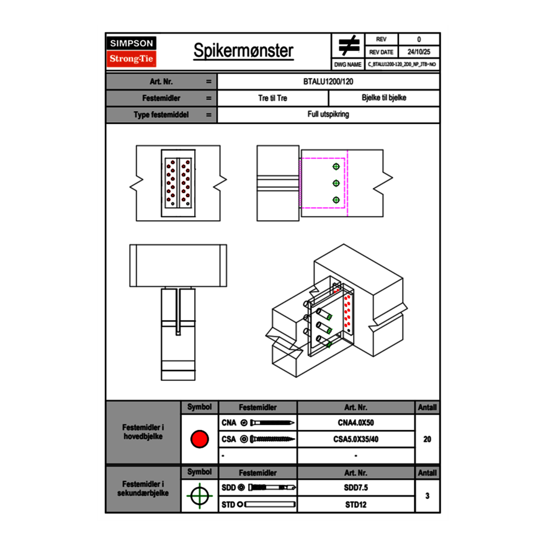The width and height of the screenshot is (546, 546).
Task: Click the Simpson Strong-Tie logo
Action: [132, 51]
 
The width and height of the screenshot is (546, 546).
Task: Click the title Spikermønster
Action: [243, 51]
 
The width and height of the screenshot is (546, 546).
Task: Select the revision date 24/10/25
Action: [418, 52]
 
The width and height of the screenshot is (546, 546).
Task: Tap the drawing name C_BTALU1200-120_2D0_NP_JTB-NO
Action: [401, 64]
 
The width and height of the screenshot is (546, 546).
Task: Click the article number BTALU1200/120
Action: [328, 81]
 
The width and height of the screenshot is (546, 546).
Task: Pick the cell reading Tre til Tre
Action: [272, 98]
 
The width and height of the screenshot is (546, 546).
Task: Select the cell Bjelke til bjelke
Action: [383, 98]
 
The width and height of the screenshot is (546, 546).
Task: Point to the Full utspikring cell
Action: [328, 115]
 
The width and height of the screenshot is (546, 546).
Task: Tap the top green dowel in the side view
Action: [336, 167]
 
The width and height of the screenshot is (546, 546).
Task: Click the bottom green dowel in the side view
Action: [336, 200]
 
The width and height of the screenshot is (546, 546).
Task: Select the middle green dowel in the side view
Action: [336, 183]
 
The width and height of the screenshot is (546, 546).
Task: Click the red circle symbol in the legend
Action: [199, 439]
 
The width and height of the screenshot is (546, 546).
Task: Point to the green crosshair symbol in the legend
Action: [199, 496]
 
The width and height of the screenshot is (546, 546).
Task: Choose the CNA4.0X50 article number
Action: [356, 423]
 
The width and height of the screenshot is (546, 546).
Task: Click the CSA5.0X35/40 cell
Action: [356, 439]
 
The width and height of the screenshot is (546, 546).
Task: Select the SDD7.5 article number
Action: [356, 488]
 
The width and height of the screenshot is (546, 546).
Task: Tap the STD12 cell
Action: [356, 504]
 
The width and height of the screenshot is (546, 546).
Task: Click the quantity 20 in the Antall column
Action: [427, 439]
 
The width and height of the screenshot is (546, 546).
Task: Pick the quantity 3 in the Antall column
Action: [427, 496]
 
